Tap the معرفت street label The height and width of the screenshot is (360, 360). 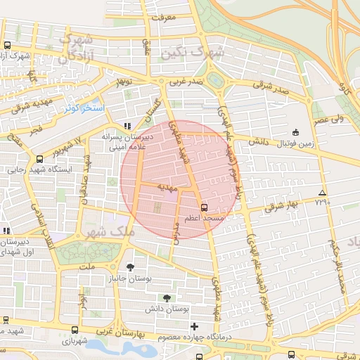[x=163, y=16]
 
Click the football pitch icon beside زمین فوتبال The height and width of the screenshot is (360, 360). [x=295, y=132]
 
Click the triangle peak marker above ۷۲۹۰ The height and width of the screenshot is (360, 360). [x=322, y=193]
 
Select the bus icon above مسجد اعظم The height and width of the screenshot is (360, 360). [x=204, y=207]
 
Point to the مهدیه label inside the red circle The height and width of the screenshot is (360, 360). [x=165, y=187]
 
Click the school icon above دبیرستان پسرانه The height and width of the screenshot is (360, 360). [x=127, y=126]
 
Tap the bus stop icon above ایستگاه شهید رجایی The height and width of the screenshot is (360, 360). [x=39, y=160]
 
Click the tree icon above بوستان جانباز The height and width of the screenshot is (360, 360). [x=130, y=266]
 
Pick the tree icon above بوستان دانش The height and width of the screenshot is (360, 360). [x=167, y=298]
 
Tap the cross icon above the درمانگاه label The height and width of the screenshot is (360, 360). [x=195, y=326]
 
